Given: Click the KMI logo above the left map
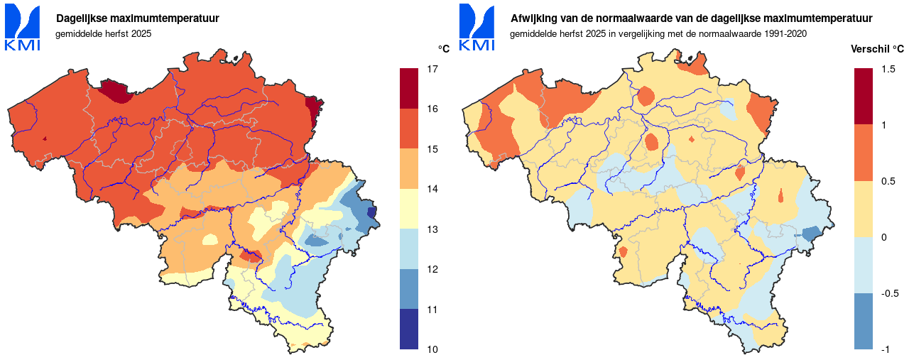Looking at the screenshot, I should coord(23,28).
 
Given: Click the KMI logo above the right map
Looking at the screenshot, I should coord(477,28).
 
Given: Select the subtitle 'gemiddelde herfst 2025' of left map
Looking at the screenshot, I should coord(104,33).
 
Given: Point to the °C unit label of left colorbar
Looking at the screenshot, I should coord(443,49).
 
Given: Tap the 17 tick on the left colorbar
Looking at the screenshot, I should coord(431,69).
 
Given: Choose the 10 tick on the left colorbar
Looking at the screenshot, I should coord(431,349).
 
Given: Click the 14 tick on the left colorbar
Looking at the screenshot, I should coord(431,189).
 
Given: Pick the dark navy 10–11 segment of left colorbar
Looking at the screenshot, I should coord(409,329).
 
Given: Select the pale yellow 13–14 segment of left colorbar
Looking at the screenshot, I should coord(409,209).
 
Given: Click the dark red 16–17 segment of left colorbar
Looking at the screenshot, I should coord(409,89).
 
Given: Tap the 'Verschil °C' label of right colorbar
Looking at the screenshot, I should coord(878,49).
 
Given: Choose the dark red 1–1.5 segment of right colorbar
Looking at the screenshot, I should coord(864,97).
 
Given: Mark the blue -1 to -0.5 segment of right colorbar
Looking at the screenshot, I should coord(864,321).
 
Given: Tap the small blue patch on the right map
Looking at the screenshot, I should coord(812,233).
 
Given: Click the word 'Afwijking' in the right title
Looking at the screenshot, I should coord(532,18).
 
